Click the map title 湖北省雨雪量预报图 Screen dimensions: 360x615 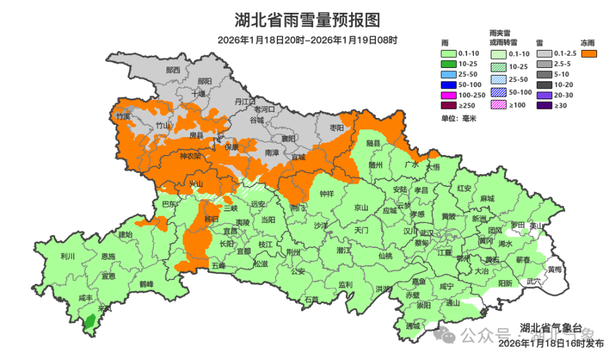pos(307,20)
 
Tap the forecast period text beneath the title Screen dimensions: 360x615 pos(307,40)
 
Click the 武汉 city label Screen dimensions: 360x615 pos(427,232)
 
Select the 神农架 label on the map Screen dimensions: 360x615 pos(190,156)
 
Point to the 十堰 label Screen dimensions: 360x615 pos(197,94)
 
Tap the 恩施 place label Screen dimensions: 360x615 pos(109,256)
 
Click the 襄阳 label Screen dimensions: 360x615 pos(288,138)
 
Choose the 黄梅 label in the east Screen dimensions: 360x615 pos(555,270)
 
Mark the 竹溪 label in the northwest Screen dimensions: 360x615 pos(123,117)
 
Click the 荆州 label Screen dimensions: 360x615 pos(293,252)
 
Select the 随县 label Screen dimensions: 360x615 pos(373,143)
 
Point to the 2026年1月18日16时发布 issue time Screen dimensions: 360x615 pos(551,344)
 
